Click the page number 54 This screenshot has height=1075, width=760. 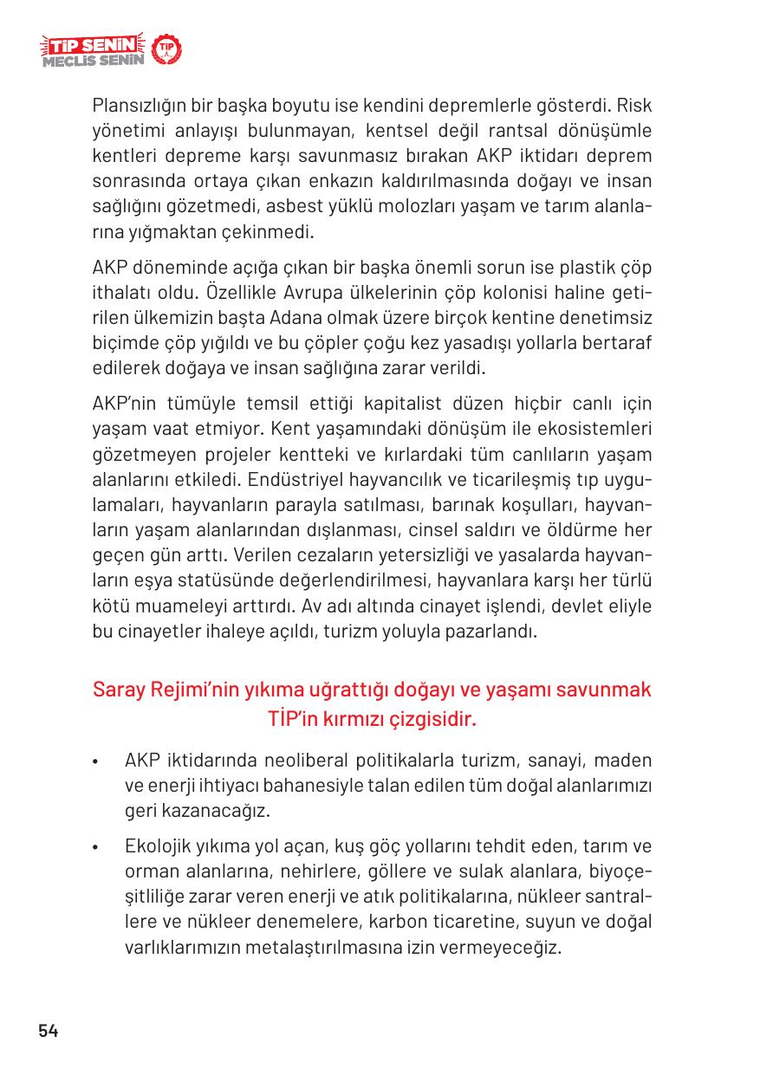(x=48, y=1031)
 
